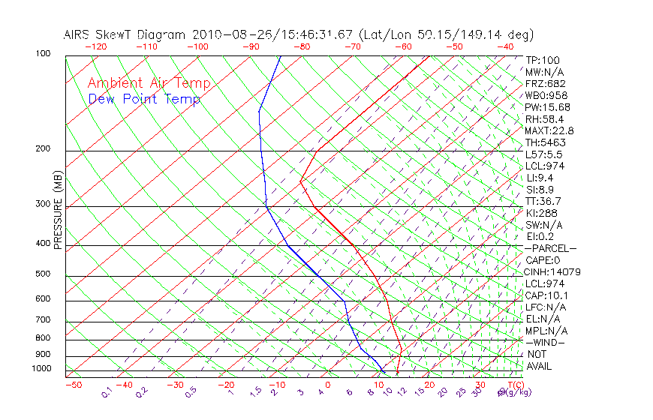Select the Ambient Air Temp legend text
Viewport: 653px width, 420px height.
149,83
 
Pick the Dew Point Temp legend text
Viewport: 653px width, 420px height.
144,99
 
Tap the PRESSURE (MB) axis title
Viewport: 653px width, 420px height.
59,210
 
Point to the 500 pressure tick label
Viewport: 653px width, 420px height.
43,274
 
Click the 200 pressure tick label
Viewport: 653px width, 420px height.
43,149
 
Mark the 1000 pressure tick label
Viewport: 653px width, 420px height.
41,369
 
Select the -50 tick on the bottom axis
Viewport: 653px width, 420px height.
73,385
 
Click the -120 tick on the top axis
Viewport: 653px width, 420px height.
95,46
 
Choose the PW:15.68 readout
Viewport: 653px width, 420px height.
546,107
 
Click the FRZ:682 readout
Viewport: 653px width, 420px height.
546,84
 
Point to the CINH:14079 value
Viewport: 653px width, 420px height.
553,272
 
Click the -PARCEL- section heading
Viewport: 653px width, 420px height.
551,248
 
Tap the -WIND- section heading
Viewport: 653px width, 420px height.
546,343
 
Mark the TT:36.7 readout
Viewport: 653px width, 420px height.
543,202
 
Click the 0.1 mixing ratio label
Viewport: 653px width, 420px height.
107,392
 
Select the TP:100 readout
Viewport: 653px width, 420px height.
543,60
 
